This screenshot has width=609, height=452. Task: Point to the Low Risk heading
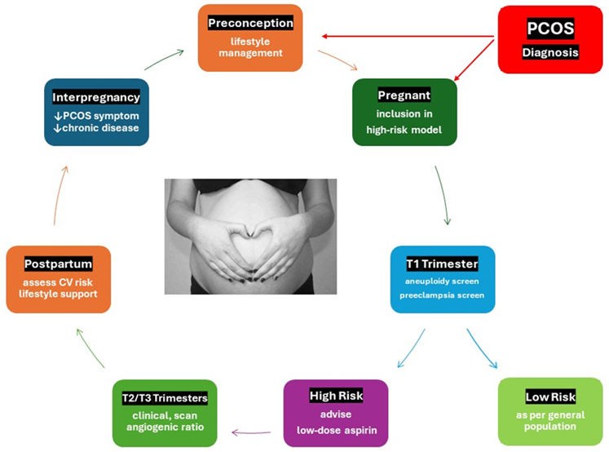pyautogui.click(x=550, y=397)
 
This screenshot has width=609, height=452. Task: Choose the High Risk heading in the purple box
pyautogui.click(x=335, y=396)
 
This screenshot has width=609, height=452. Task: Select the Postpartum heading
pyautogui.click(x=58, y=264)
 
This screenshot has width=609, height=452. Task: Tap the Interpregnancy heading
pyautogui.click(x=96, y=97)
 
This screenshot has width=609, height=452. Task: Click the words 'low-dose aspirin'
pyautogui.click(x=335, y=428)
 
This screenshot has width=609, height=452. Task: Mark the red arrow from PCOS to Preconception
pyautogui.click(x=408, y=36)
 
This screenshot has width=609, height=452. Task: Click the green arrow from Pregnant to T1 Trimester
pyautogui.click(x=444, y=196)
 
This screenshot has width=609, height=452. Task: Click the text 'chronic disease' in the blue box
pyautogui.click(x=97, y=127)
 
